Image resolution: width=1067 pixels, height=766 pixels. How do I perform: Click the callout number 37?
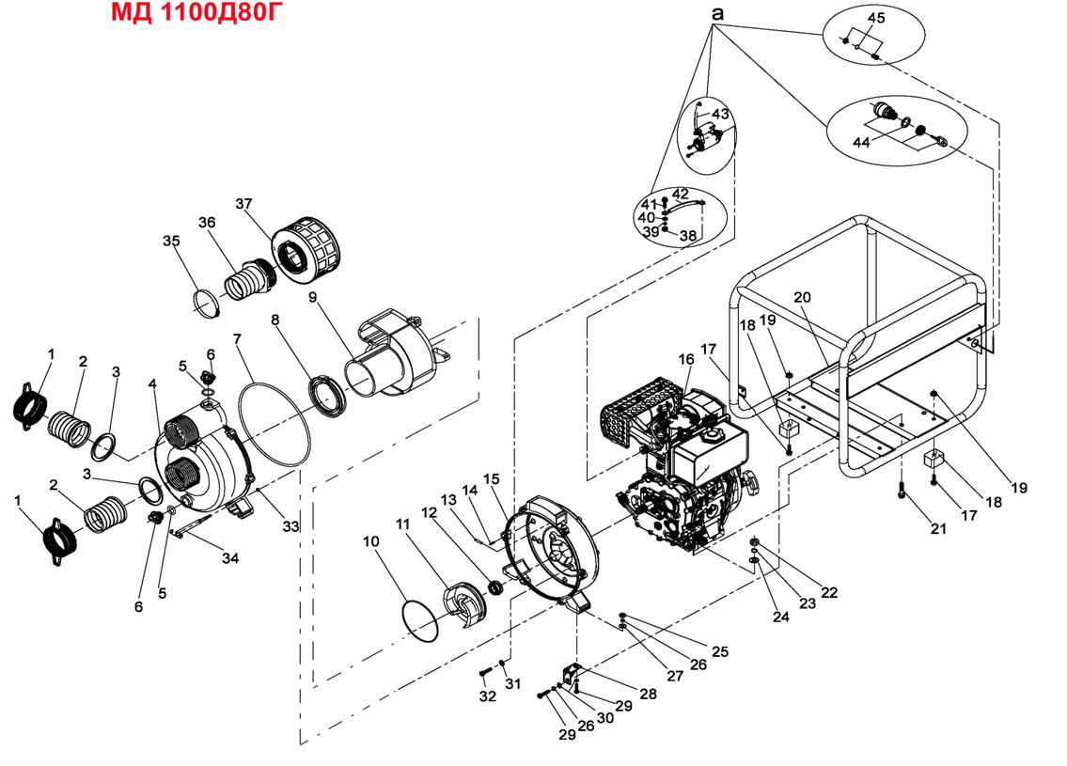coord(244,204)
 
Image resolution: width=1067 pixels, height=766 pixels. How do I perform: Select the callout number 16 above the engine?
coord(685,359)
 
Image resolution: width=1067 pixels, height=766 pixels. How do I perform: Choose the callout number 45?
coord(875,18)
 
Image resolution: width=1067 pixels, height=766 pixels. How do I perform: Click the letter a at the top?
coord(717,14)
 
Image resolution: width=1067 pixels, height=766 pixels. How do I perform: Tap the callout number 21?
coord(937,529)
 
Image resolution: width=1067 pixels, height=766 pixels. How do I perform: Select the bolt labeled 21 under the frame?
coord(902,491)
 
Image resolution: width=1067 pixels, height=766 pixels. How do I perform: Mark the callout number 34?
coord(230,558)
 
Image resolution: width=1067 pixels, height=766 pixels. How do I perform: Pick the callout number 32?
coord(487,696)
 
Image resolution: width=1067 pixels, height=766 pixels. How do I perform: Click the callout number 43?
coord(720,113)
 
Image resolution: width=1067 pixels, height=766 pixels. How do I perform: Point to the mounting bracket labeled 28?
coord(571,675)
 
